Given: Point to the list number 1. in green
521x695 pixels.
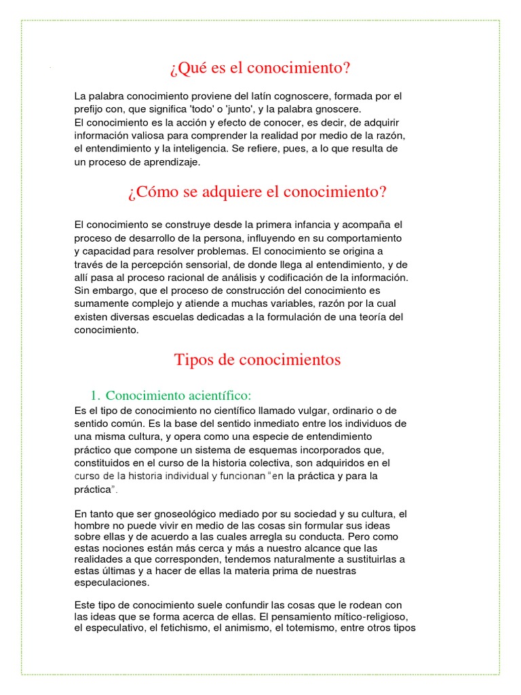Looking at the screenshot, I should point(96,395).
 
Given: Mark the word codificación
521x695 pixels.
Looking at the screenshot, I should point(309,278).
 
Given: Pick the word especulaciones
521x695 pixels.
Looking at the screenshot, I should point(111,582).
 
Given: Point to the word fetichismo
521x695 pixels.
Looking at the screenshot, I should point(185,628).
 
